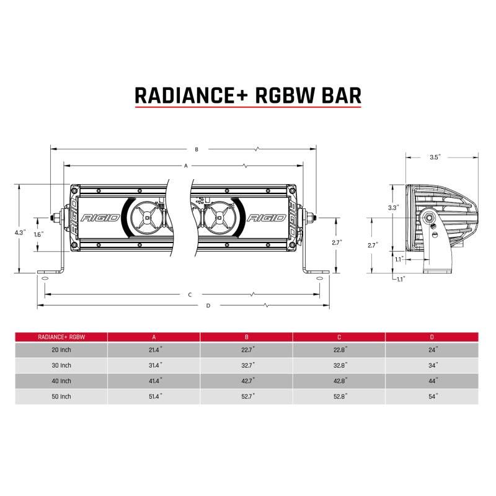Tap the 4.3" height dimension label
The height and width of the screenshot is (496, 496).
pos(20,232)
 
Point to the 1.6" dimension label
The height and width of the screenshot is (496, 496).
pos(39,235)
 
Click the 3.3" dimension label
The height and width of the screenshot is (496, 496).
pos(393,207)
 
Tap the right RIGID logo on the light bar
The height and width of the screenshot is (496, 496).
pos(266,218)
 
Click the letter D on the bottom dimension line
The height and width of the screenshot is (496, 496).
pos(208,306)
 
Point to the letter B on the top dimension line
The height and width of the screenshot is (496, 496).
pos(197,149)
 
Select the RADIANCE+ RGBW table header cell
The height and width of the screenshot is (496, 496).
pos(61,337)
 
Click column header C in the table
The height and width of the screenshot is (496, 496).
pos(339,337)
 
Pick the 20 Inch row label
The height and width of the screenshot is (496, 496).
pos(62,351)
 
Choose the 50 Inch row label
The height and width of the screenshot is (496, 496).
pos(62,396)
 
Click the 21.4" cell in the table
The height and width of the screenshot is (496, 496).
pos(154,351)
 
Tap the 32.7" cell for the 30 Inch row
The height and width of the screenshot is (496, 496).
pos(247,366)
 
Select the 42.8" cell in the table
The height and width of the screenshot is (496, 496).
pos(339,381)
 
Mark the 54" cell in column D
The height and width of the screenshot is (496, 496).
pos(432,396)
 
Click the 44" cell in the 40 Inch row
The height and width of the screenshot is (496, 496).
pos(432,381)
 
